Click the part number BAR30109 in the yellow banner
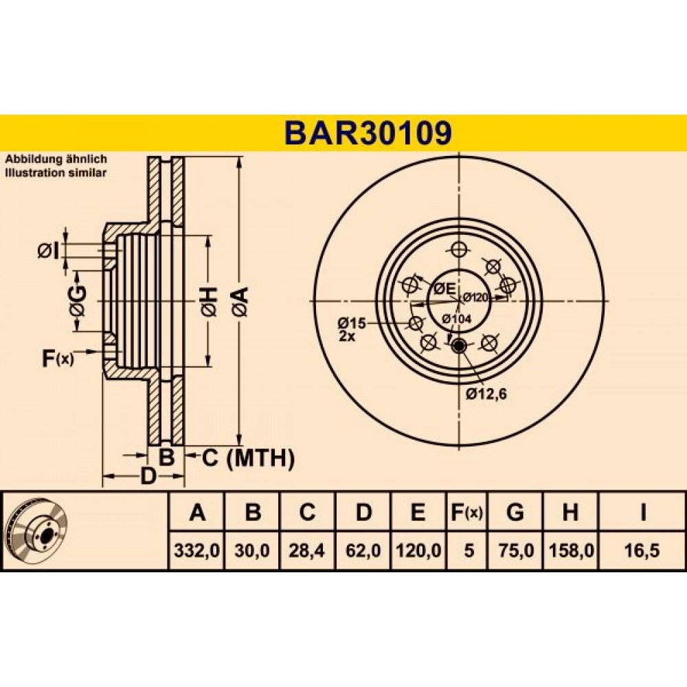tap(368, 133)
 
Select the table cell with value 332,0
tap(196, 550)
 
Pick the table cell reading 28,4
tap(306, 550)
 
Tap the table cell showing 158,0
tap(571, 550)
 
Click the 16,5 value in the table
tap(642, 550)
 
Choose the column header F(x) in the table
tap(467, 512)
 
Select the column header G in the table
tap(515, 512)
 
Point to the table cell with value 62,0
tap(363, 550)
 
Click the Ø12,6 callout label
tap(486, 394)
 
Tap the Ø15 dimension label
tap(351, 324)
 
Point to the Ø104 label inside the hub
tap(457, 319)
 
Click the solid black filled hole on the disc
tap(459, 346)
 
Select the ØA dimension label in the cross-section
tap(240, 302)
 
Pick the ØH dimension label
tap(209, 302)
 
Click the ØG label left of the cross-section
tap(78, 301)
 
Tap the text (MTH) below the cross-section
tap(261, 458)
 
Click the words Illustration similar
tap(56, 172)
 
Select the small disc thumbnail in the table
tap(38, 532)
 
